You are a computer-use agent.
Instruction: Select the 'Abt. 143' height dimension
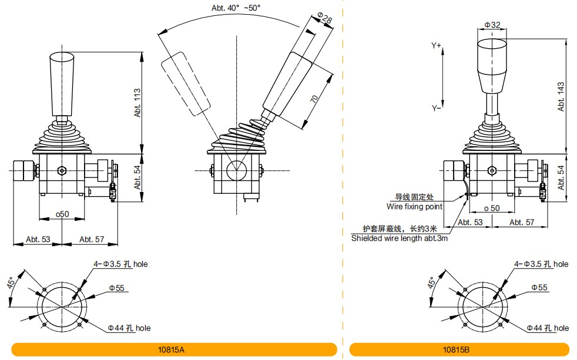point(561,97)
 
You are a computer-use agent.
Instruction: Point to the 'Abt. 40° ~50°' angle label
point(236,8)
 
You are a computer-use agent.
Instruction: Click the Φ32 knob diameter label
point(492,25)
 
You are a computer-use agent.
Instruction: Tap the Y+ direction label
point(436,45)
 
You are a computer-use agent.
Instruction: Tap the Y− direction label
point(436,109)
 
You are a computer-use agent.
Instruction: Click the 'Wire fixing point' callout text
point(414,206)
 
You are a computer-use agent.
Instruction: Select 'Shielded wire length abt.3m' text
point(400,238)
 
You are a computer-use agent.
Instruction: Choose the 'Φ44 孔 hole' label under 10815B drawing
point(547,328)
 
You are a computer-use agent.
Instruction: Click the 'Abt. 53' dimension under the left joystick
point(38,239)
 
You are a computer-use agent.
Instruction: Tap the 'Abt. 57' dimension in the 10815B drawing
point(521,222)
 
